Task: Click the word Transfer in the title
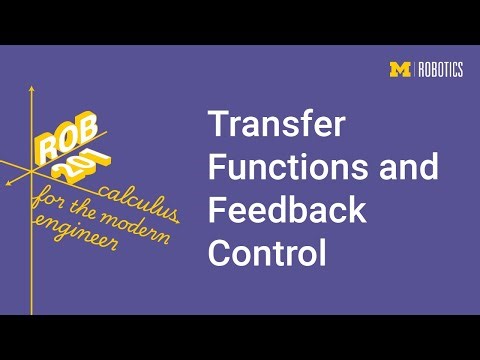276,126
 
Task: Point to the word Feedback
287,211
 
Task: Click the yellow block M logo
399,69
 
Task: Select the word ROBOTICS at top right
440,69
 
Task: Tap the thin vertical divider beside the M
413,69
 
